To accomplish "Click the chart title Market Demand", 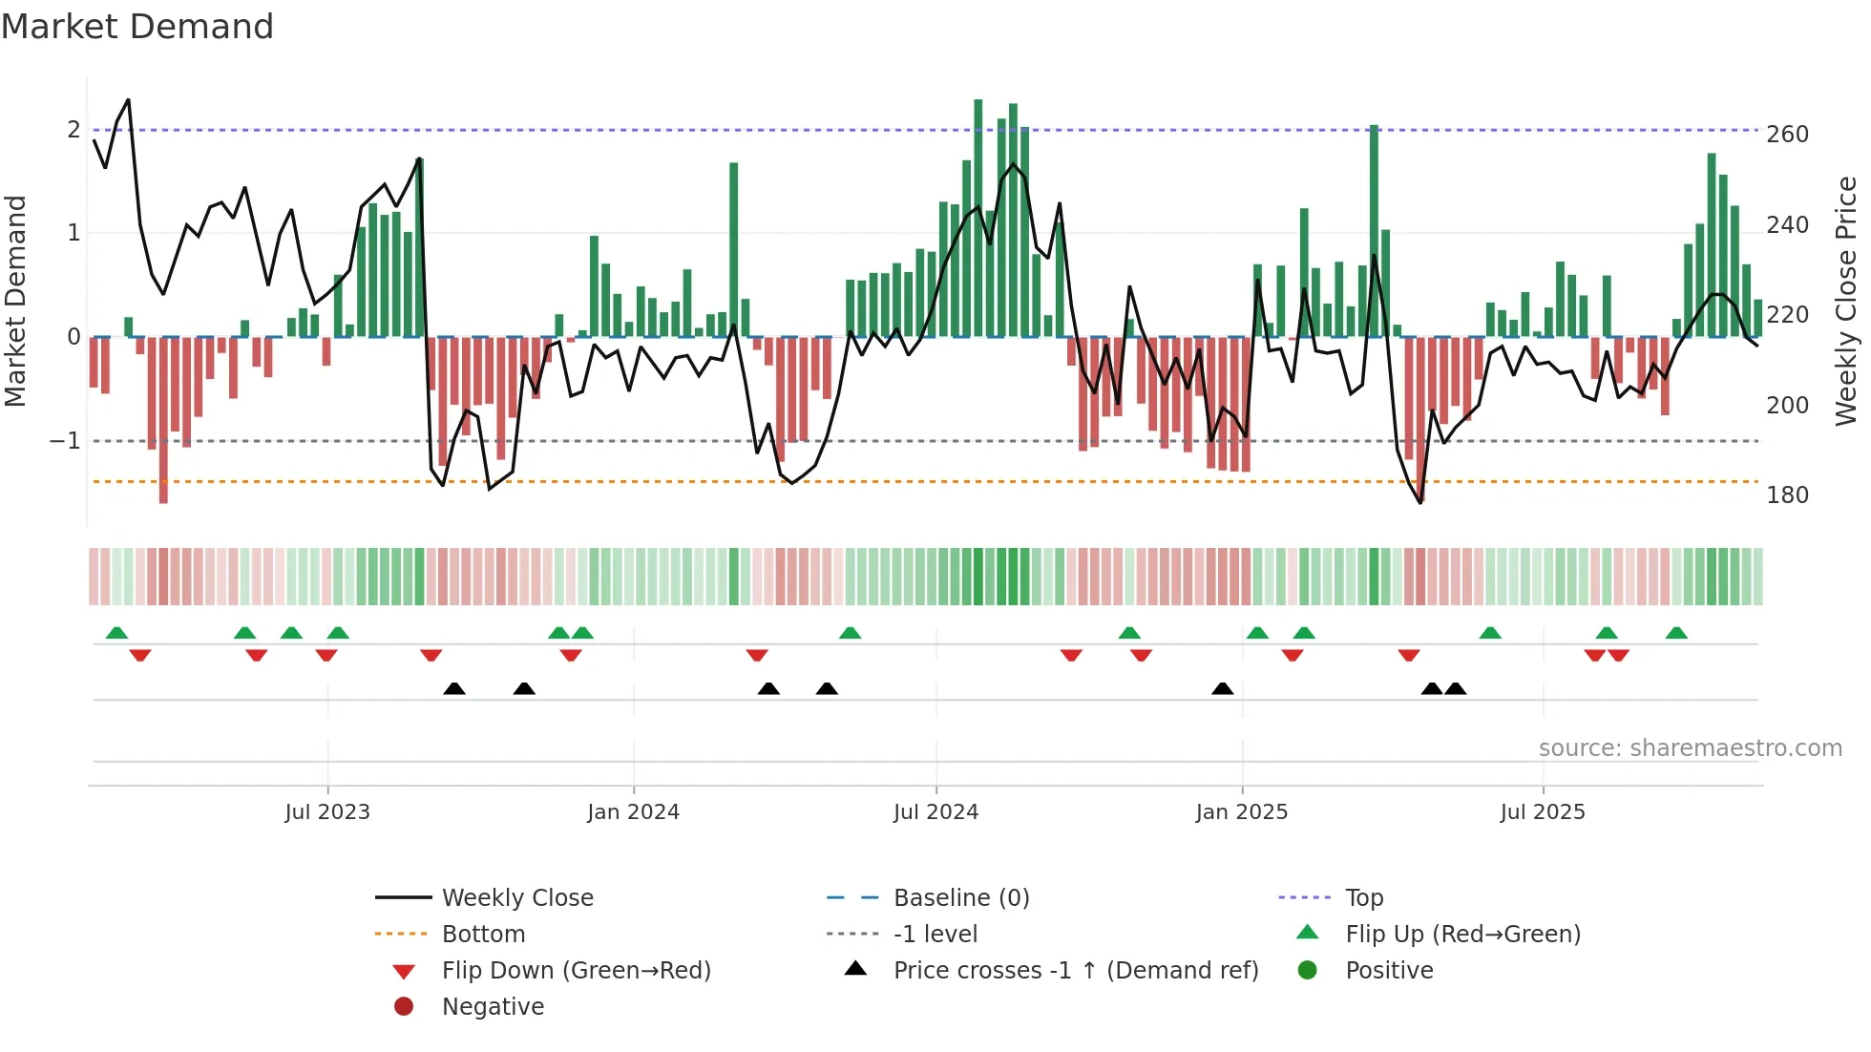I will tap(137, 27).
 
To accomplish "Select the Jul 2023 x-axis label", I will tap(327, 812).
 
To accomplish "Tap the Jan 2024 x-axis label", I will tap(633, 812).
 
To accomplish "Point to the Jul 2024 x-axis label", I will tap(935, 812).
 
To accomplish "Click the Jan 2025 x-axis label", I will tap(1241, 812).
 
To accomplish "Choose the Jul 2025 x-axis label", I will tap(1542, 812).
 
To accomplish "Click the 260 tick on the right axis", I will tap(1787, 135).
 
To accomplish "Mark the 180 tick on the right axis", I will tap(1787, 495).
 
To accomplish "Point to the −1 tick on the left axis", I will tap(65, 441).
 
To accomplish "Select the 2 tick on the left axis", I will tap(74, 130).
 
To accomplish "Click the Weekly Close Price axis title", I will tap(1846, 301).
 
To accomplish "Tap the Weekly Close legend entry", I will tap(517, 898).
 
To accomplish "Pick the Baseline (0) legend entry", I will tap(960, 898).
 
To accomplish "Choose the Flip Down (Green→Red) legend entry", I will tap(576, 971).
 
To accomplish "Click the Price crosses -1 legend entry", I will tap(1075, 971).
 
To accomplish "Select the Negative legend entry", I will tap(493, 1007).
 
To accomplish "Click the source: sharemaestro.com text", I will tap(1690, 748).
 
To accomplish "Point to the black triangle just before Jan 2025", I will tap(1222, 689).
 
